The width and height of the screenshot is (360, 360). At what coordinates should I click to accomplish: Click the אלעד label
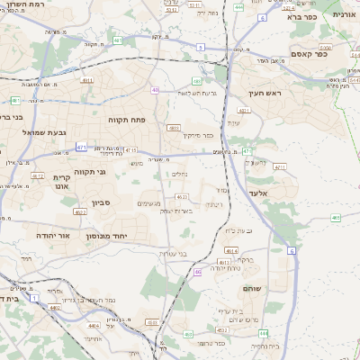[258, 193]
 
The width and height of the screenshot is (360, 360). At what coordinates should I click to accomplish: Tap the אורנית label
[345, 15]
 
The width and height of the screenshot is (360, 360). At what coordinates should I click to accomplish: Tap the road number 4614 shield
[230, 251]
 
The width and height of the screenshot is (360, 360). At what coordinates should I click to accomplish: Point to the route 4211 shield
[279, 166]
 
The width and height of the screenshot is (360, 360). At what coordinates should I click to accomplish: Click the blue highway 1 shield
[33, 296]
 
